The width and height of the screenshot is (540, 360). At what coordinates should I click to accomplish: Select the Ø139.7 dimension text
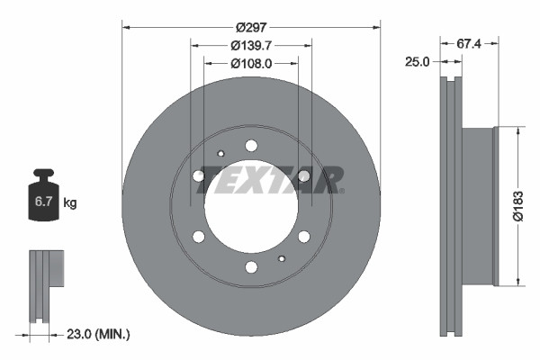[x=251, y=45]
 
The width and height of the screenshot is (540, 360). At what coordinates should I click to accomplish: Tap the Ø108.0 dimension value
[x=251, y=64]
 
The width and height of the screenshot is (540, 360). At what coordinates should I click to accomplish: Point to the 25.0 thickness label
[x=417, y=62]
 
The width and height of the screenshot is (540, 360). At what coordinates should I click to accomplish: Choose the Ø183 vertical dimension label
[x=518, y=206]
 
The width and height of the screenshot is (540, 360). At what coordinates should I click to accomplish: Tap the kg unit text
[x=70, y=203]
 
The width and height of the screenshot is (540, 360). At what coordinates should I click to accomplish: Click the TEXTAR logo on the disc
[x=270, y=178]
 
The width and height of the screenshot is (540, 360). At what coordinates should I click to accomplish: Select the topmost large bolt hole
[x=251, y=146]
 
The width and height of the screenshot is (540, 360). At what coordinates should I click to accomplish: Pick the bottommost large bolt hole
[x=251, y=266]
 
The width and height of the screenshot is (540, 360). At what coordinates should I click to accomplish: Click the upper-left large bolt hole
[x=199, y=175]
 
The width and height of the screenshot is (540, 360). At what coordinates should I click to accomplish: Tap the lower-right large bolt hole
[x=304, y=236]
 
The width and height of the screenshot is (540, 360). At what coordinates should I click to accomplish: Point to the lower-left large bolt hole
[x=199, y=236]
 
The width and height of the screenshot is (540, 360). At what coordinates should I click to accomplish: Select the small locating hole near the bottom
[x=282, y=259]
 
